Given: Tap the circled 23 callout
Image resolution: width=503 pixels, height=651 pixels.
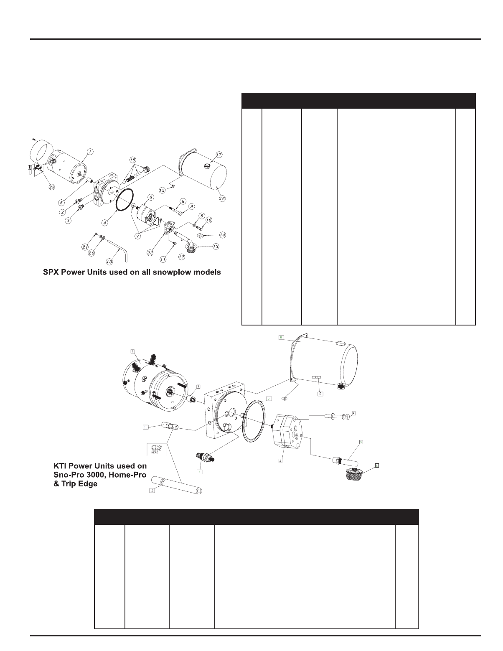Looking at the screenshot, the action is click(52, 187).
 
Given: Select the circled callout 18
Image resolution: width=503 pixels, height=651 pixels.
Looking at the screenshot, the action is click(133, 160).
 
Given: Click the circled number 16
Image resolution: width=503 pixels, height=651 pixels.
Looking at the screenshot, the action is click(222, 199).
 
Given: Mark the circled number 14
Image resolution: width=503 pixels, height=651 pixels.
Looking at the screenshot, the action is click(223, 235).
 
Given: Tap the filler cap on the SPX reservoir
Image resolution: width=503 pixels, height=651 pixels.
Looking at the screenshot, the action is click(206, 166).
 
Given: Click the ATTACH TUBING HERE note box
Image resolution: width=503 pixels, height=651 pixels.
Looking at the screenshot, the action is click(157, 450).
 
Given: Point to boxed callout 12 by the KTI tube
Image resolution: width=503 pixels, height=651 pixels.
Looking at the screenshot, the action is click(152, 491).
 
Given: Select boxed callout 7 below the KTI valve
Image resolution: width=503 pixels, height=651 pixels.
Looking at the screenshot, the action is click(200, 471).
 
